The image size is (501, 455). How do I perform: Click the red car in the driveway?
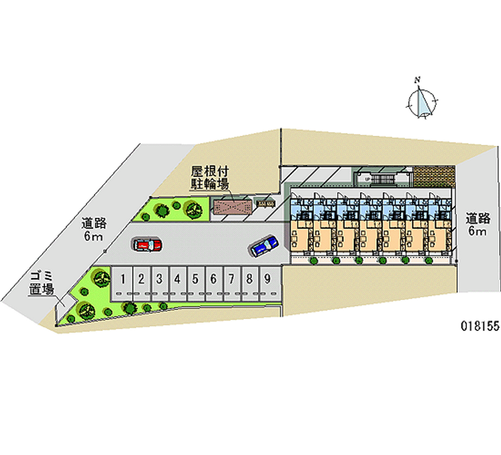pyautogui.click(x=147, y=244)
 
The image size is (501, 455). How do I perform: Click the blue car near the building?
pyautogui.click(x=263, y=246)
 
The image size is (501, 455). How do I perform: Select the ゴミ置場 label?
pyautogui.click(x=41, y=284)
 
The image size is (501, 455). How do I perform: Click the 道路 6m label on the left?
pyautogui.click(x=93, y=229)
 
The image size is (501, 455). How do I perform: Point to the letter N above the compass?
pyautogui.click(x=417, y=79)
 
